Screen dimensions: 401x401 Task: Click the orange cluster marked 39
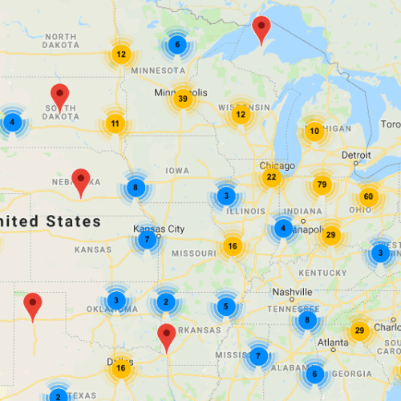[x=183, y=99]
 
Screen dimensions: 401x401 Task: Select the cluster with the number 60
[x=368, y=196]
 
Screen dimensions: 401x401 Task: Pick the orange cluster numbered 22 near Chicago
[x=272, y=177]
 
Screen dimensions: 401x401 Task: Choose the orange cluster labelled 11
[x=115, y=124]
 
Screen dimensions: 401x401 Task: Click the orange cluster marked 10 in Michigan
[x=314, y=131]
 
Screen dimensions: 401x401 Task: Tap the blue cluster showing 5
[x=226, y=306]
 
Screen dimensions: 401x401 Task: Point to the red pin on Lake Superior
[x=261, y=29]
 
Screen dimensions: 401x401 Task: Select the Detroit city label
[x=356, y=154]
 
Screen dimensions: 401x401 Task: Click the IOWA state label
[x=177, y=171]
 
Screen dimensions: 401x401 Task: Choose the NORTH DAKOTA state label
[x=61, y=41]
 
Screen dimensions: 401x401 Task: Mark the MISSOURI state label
[x=193, y=253]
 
